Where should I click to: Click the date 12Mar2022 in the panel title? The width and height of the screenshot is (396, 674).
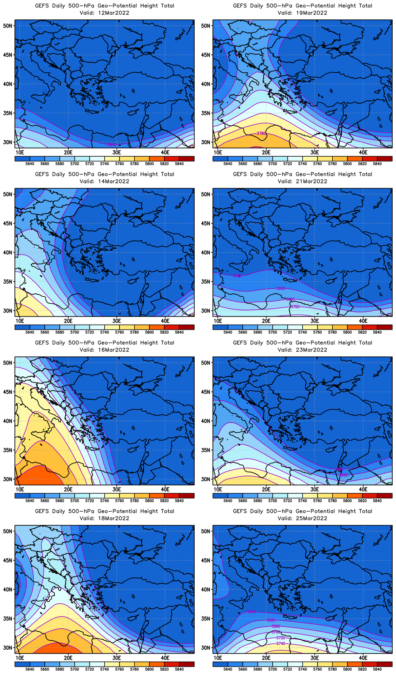point(112,13)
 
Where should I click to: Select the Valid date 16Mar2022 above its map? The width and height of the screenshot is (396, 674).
point(112,350)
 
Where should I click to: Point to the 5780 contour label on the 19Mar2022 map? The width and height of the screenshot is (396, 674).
point(262,134)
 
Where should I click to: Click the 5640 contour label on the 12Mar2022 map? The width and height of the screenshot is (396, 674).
point(112,145)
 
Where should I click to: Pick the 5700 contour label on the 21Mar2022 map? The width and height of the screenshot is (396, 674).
point(295,307)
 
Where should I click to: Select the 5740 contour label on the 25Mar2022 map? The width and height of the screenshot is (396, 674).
point(281,644)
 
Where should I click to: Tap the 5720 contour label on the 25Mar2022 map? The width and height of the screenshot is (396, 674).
point(281,638)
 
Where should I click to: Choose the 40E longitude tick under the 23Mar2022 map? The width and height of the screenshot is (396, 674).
point(363,489)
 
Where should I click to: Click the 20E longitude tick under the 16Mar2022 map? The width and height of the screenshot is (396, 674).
point(68,489)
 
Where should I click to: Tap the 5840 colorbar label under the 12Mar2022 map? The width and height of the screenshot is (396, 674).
point(179,164)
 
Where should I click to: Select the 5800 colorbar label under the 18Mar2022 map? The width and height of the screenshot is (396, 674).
point(149,669)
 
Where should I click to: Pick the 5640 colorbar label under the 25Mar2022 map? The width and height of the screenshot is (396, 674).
point(228,669)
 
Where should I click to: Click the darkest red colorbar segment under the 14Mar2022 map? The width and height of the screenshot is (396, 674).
point(186,327)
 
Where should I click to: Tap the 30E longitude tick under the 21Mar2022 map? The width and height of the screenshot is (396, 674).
point(315,321)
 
